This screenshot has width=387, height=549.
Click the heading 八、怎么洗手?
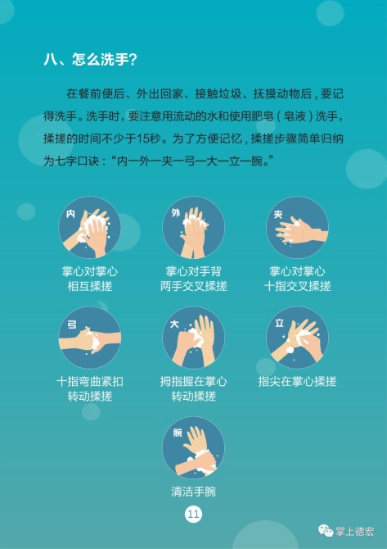[x=91, y=60]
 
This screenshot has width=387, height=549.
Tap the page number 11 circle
[x=193, y=515]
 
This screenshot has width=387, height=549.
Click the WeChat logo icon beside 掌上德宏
[x=325, y=531]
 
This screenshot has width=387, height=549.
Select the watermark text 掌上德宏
[x=354, y=532]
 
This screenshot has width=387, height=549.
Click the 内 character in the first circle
[x=71, y=214]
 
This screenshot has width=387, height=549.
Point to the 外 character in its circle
[x=175, y=212]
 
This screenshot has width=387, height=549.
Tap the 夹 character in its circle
[x=278, y=215]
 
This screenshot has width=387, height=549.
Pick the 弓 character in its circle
[x=71, y=324]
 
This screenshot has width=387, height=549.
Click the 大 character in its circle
[x=174, y=324]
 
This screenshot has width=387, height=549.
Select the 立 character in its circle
[x=279, y=323]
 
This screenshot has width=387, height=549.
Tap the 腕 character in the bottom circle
[x=178, y=433]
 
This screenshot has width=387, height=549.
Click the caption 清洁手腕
[x=193, y=492]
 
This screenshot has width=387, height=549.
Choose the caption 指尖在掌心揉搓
[x=297, y=381]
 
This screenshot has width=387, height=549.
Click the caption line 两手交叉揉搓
[x=194, y=286]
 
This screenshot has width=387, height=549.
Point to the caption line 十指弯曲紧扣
[x=89, y=381]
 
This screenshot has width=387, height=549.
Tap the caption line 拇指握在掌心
[x=193, y=381]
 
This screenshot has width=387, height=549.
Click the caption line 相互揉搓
[x=89, y=286]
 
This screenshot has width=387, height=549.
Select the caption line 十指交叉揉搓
[x=297, y=286]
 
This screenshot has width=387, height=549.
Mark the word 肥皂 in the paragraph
[x=262, y=116]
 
